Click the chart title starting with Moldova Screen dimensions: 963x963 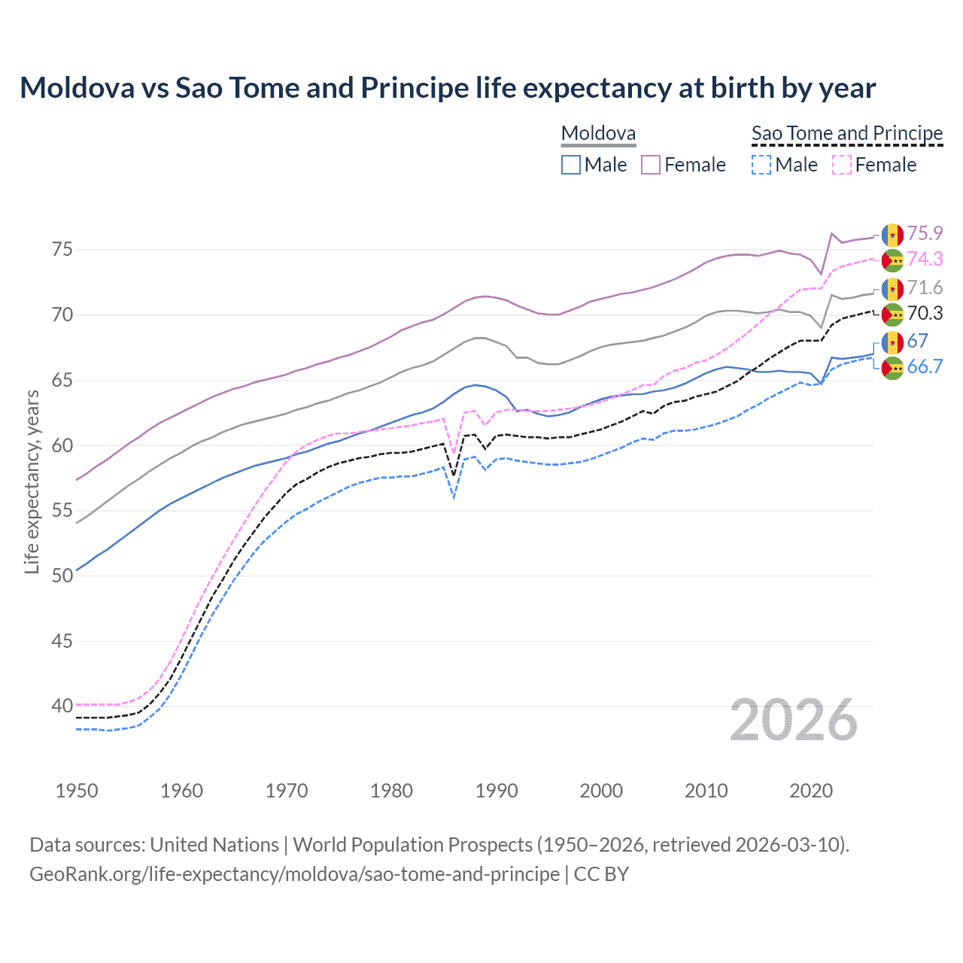(448, 88)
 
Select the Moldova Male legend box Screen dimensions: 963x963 (571, 165)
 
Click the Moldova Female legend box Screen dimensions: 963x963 (651, 165)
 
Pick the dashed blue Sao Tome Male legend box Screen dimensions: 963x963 (761, 165)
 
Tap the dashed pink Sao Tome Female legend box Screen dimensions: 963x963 (842, 165)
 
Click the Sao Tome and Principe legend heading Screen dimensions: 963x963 (847, 133)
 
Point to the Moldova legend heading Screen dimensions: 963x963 (599, 133)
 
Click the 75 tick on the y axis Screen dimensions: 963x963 (62, 249)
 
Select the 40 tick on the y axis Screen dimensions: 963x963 (62, 706)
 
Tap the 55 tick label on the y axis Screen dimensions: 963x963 (62, 510)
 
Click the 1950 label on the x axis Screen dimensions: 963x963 (77, 791)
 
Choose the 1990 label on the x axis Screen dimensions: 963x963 (497, 791)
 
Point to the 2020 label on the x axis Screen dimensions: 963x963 (811, 791)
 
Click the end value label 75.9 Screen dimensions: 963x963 (925, 233)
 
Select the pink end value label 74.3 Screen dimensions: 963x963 (925, 259)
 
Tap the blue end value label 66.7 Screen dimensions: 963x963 (925, 366)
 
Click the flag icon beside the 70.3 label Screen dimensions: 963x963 (892, 314)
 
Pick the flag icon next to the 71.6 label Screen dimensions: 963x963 (892, 289)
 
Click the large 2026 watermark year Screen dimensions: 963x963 (794, 720)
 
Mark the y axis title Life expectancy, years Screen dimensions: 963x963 (32, 481)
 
